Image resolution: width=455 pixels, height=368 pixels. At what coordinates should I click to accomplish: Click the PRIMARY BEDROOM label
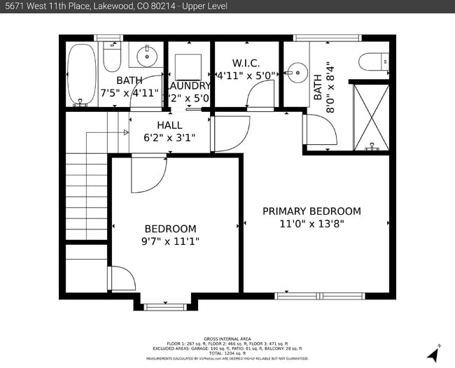(311, 211)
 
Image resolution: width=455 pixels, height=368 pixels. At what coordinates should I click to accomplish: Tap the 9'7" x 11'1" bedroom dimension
(170, 241)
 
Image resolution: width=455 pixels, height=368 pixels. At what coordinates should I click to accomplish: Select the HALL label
(169, 125)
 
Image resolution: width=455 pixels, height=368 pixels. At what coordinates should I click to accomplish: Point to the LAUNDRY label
(187, 85)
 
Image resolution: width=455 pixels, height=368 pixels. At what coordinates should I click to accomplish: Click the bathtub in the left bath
(80, 73)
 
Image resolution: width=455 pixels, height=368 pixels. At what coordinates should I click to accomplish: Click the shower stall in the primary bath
(370, 116)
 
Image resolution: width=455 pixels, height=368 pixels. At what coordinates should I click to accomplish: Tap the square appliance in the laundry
(188, 66)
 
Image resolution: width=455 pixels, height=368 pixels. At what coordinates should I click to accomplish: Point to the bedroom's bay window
(164, 306)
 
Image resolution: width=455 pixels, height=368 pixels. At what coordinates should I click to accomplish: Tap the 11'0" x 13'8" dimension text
(311, 224)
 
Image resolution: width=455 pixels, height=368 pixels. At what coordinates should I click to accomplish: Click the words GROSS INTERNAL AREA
(227, 338)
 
